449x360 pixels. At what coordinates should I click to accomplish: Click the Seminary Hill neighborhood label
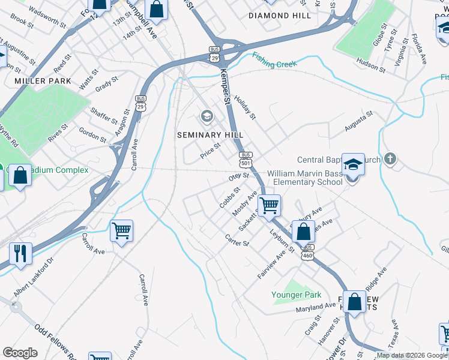point(210,135)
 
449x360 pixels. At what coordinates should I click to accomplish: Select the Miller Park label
point(43,81)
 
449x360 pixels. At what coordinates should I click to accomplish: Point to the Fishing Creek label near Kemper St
point(275,61)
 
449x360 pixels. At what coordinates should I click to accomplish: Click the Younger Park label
point(296,295)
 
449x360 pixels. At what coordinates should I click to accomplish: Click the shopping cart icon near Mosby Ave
point(270,206)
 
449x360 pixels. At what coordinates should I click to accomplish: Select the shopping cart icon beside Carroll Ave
point(122,230)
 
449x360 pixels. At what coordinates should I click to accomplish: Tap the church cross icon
point(390,159)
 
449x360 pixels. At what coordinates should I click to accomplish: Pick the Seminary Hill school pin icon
point(207,115)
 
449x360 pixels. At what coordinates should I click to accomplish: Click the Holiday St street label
point(245,107)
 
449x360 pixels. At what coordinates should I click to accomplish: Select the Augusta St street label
point(359,121)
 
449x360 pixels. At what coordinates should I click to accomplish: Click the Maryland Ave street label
point(316,307)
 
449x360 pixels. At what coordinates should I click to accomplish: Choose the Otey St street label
point(238,177)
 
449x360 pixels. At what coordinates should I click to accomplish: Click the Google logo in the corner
point(20,352)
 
